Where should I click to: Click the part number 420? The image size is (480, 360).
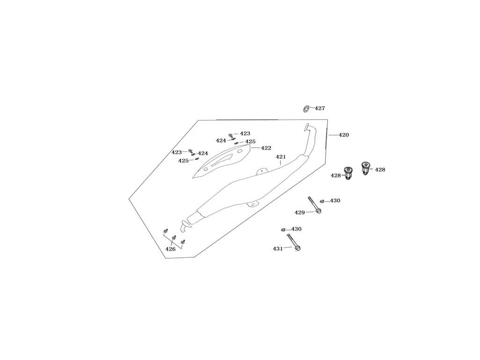(x=344, y=135)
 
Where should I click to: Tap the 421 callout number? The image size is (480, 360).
(x=281, y=157)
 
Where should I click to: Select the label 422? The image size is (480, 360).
(x=266, y=148)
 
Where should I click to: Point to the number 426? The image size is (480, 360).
(x=171, y=249)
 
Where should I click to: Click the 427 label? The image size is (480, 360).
(x=320, y=108)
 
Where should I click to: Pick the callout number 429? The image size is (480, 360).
(x=300, y=212)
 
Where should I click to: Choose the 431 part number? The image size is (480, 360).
(x=278, y=249)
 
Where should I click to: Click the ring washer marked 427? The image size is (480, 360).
(x=306, y=108)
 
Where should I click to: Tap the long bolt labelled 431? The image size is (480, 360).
(x=293, y=242)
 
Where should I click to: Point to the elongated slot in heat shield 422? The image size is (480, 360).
(x=222, y=160)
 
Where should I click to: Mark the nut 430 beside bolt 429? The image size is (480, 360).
(x=322, y=201)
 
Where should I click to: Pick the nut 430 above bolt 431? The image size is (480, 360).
(x=284, y=230)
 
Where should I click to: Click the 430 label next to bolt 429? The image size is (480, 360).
(x=335, y=201)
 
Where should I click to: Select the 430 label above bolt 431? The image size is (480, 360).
(x=296, y=229)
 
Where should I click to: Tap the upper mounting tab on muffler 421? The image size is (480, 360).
(x=262, y=171)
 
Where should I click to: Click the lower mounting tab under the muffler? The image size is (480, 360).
(x=253, y=204)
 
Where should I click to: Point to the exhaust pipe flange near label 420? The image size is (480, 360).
(x=307, y=127)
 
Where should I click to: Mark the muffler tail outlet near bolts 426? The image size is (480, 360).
(x=185, y=226)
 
